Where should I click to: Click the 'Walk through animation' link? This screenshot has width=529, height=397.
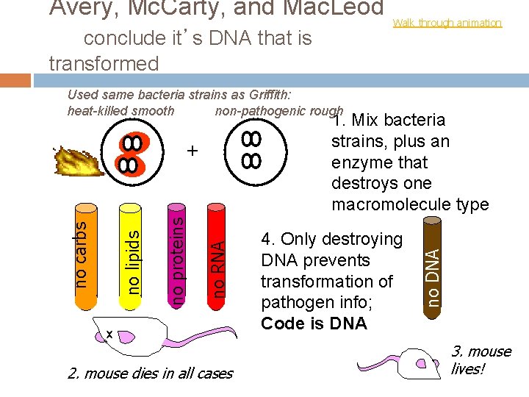pos(447,23)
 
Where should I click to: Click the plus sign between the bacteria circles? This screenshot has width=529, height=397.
pos(192,151)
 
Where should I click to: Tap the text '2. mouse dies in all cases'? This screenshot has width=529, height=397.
pos(150,373)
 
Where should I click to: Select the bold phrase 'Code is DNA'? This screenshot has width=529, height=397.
pos(314,323)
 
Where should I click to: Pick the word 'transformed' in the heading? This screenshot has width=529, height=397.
pos(104,64)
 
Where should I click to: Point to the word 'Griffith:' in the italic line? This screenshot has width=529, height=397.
pos(268,94)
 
